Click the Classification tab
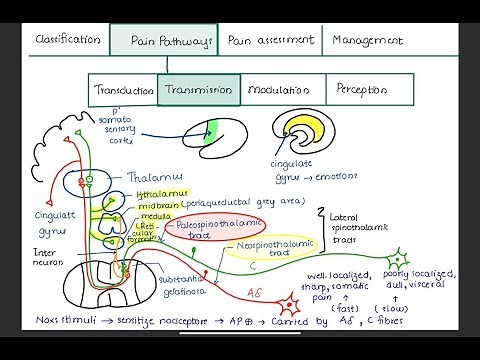(67, 40)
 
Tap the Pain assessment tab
(270, 40)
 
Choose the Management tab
(368, 41)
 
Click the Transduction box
(123, 89)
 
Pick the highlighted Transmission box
(197, 89)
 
